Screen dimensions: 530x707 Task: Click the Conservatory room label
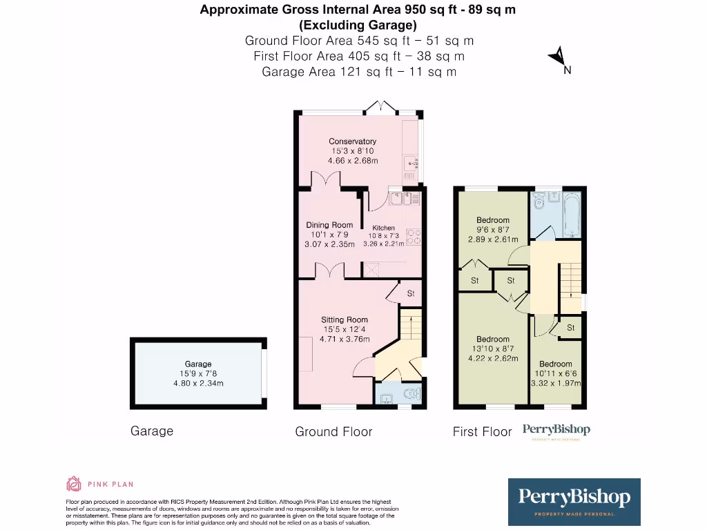(352, 141)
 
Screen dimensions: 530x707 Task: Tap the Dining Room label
(329, 225)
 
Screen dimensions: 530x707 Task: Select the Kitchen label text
(384, 228)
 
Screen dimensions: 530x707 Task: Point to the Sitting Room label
(344, 320)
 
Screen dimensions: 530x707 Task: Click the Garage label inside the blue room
(198, 364)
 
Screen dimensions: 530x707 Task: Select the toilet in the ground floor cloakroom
(411, 395)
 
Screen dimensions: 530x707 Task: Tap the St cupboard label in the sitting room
(410, 293)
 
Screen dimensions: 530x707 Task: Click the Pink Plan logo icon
(73, 483)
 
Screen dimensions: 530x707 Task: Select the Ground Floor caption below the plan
(333, 432)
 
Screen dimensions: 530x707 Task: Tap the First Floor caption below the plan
(482, 432)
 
